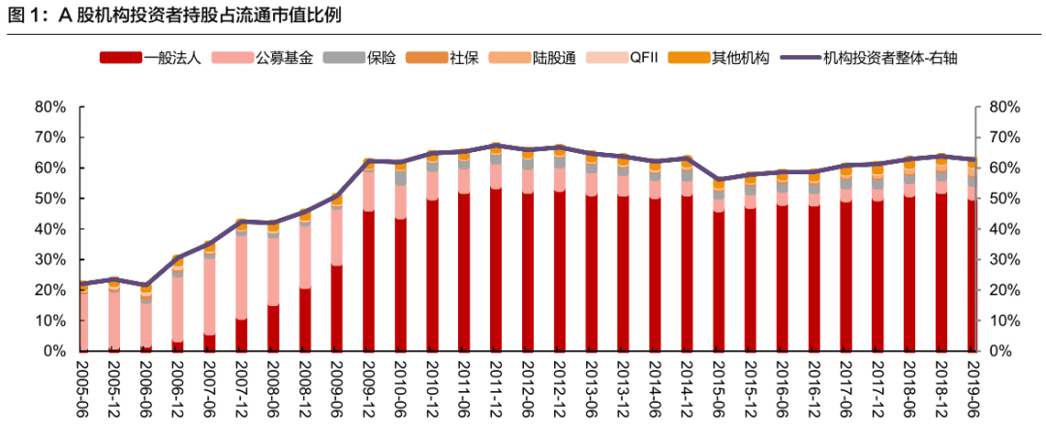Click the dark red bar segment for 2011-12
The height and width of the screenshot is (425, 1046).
[496, 271]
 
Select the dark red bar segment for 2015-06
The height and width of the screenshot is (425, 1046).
[719, 281]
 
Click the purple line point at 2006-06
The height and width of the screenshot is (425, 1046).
[146, 285]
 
